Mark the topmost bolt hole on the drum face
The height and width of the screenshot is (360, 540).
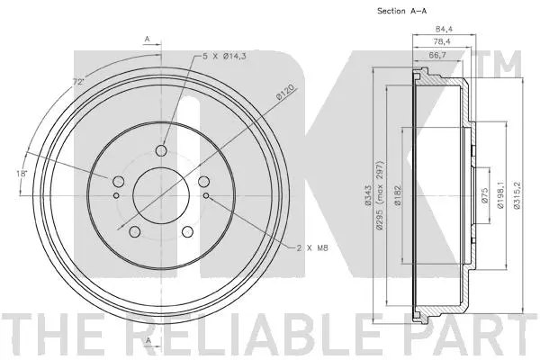(x=162, y=149)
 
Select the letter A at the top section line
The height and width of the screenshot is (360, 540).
(x=146, y=40)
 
